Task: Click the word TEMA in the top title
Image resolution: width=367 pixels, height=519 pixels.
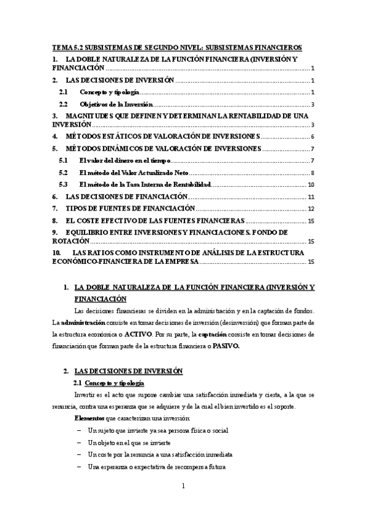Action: click(x=62, y=47)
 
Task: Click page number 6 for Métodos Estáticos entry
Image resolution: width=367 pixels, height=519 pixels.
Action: click(x=312, y=136)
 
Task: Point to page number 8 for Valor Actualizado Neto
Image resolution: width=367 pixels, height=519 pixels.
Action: click(x=312, y=173)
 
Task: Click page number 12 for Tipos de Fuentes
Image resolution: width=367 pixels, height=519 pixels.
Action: click(x=311, y=209)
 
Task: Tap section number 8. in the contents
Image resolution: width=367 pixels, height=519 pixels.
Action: click(x=55, y=220)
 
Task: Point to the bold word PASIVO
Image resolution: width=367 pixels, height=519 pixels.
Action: click(x=227, y=346)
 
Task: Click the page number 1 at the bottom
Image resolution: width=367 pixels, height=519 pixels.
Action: click(x=183, y=487)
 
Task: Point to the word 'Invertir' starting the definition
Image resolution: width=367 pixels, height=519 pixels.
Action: click(x=83, y=395)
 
